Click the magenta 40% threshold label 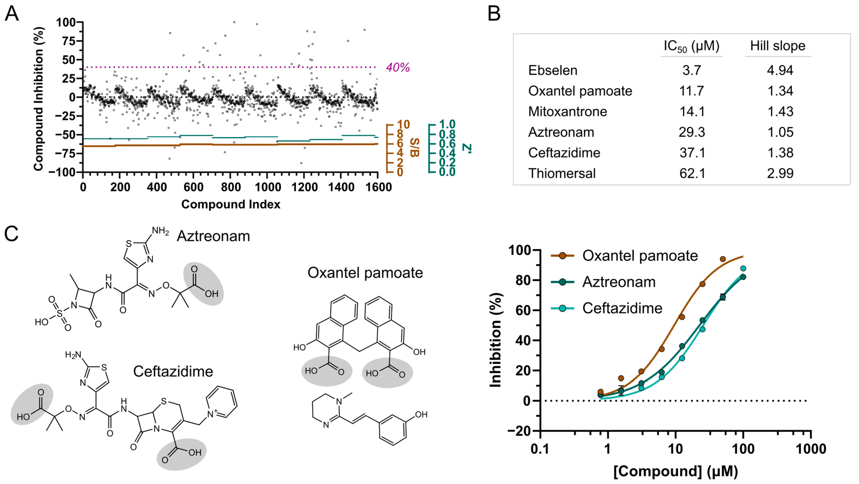[398, 68]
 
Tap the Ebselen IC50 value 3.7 [692, 71]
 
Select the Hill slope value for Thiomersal [780, 173]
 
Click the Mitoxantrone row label [568, 111]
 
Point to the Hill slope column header [778, 46]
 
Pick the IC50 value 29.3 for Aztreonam [692, 132]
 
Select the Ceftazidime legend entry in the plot [622, 308]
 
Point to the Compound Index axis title [231, 204]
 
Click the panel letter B [494, 14]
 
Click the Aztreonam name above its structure [213, 236]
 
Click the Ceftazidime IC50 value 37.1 [692, 153]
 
